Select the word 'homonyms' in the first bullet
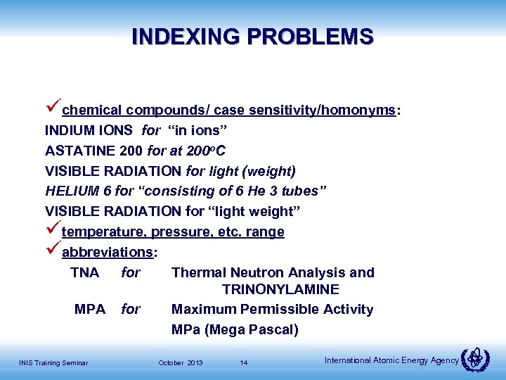coord(361,110)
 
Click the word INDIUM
coord(67,130)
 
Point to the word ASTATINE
coord(75,151)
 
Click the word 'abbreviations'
coord(107,252)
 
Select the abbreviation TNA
coord(85,272)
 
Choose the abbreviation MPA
coord(90,309)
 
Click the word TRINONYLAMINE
coord(280,289)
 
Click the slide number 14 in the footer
coord(243,362)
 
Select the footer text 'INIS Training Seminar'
coord(53,362)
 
